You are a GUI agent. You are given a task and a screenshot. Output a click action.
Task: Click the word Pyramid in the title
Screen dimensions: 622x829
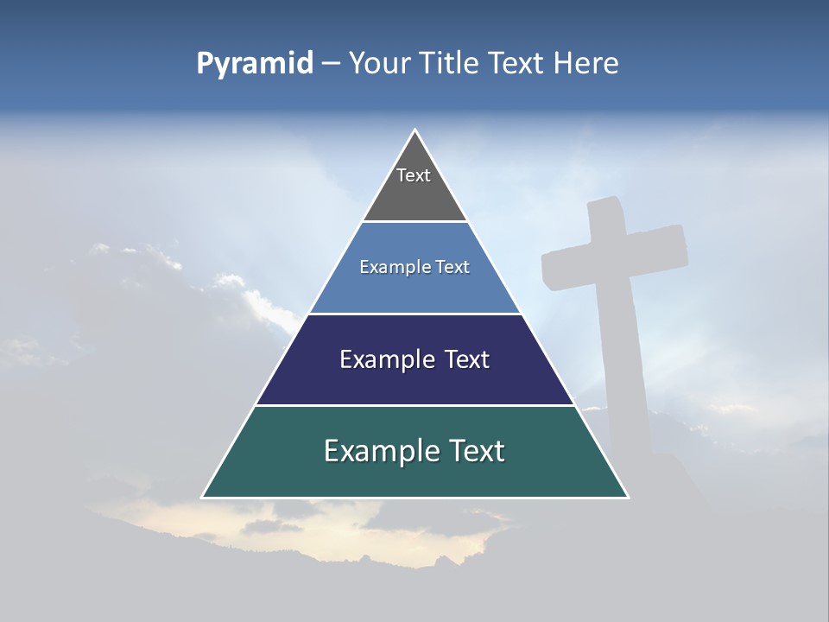click(255, 64)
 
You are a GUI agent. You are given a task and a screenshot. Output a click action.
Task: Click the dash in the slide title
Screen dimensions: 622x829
click(331, 64)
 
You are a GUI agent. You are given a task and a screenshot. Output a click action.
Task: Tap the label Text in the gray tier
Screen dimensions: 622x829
click(414, 175)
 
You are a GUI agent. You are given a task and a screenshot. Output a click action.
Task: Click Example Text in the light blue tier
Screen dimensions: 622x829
click(414, 267)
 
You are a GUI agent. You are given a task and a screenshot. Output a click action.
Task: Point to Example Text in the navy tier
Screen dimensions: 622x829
click(414, 359)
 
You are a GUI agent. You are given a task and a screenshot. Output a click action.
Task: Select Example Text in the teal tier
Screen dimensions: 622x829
click(414, 451)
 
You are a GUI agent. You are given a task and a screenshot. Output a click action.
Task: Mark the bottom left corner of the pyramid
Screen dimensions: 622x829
click(203, 497)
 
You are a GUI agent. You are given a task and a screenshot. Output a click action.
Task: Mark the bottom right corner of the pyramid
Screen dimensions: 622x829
click(628, 497)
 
